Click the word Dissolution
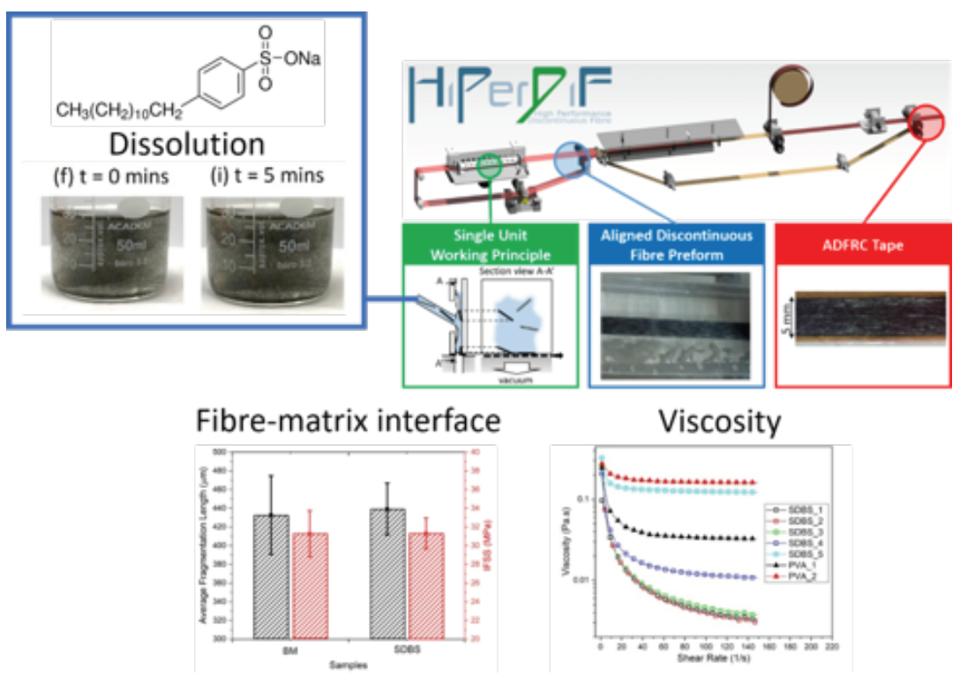click(186, 143)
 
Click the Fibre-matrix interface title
click(348, 421)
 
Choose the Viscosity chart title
click(718, 423)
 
